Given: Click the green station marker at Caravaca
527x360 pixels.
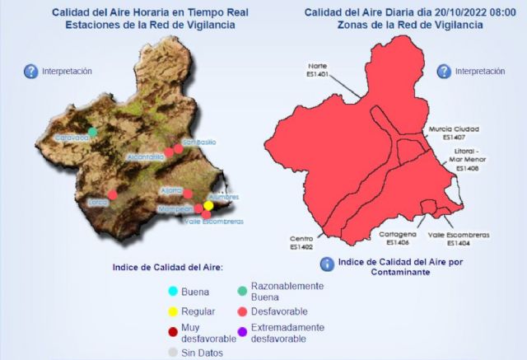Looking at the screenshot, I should point(93,132).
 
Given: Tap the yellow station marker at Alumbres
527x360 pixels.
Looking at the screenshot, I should point(208,205).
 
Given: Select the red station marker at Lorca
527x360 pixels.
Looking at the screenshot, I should point(113,195).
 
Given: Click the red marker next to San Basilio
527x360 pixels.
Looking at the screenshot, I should point(177,149).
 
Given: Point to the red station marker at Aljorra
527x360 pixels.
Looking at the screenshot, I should point(188,194).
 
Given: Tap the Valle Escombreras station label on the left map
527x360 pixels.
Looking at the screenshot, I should point(214,222).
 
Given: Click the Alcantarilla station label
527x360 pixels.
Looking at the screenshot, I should point(147,157).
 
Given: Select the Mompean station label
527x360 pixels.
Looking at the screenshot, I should point(175,209).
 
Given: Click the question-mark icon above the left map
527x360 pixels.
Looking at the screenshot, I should point(31,72).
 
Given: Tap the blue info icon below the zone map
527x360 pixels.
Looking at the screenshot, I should point(328,264).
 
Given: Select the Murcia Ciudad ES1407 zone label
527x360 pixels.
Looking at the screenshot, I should point(454,133).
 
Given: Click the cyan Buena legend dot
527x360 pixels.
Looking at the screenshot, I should point(173,291).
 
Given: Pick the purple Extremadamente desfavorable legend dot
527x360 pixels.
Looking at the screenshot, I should point(241,332).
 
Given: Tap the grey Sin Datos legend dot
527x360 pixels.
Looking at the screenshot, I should point(173,353).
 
